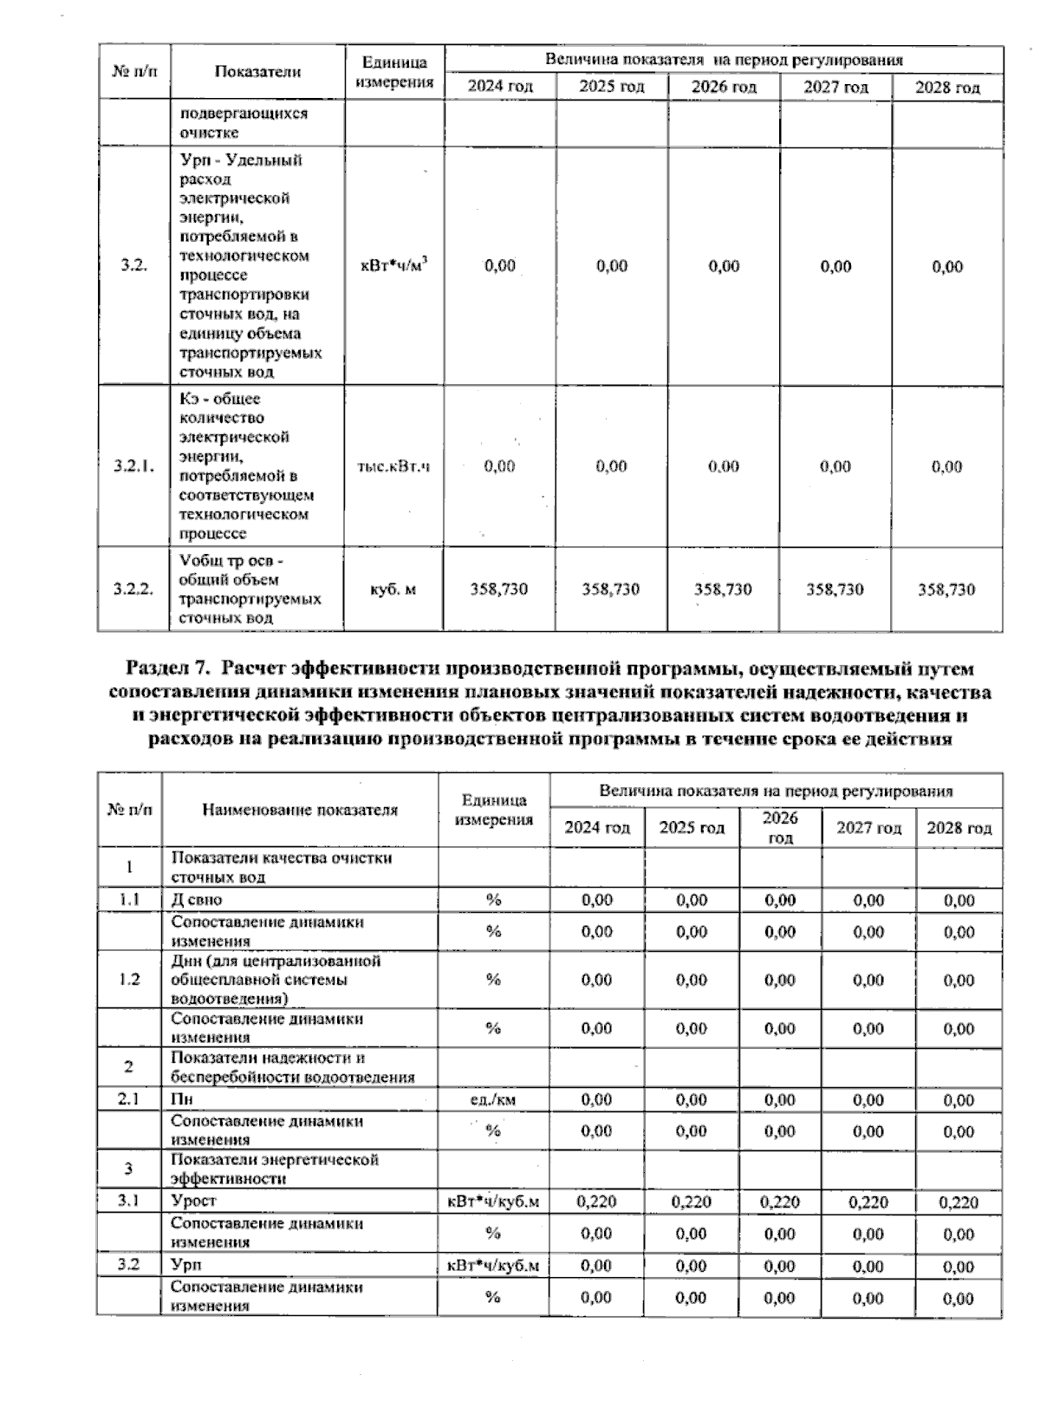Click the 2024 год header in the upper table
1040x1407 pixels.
(x=500, y=87)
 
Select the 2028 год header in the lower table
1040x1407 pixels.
(x=959, y=828)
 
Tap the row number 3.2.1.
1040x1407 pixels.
(x=134, y=466)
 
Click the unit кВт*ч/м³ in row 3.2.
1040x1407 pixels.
(x=394, y=266)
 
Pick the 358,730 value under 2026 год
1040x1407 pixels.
(x=723, y=590)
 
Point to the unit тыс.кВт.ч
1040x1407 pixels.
(x=394, y=466)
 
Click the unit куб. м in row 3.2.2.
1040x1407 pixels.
(x=394, y=590)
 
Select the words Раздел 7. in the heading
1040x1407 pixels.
(x=168, y=669)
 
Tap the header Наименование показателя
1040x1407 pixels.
(x=300, y=810)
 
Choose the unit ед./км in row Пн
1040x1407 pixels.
(x=493, y=1100)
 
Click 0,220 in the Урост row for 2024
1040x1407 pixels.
(x=596, y=1202)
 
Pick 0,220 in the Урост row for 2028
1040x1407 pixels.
(x=959, y=1202)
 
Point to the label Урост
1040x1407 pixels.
(x=193, y=1202)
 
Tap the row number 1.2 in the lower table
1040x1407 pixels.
(x=129, y=980)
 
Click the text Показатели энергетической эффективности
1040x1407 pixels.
(x=275, y=1169)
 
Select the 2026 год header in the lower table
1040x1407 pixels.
(x=780, y=828)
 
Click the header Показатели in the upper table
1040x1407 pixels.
(x=257, y=72)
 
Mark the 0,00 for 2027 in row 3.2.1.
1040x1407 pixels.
(x=835, y=466)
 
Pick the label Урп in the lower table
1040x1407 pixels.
(x=185, y=1266)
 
